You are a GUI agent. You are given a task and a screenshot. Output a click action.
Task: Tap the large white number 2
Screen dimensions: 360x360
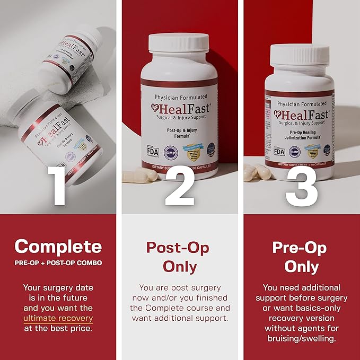[x=180, y=185]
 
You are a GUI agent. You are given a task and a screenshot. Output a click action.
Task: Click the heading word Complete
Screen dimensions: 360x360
[x=58, y=246]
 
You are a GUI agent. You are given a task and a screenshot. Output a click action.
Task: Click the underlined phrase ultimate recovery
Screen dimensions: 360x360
[x=58, y=319]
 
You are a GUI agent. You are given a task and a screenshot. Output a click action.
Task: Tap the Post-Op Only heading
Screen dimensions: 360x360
[x=178, y=257]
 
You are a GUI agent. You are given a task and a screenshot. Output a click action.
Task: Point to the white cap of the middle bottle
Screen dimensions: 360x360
[x=180, y=51]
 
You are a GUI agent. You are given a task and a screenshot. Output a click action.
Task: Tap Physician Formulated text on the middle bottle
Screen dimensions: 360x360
[x=180, y=97]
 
